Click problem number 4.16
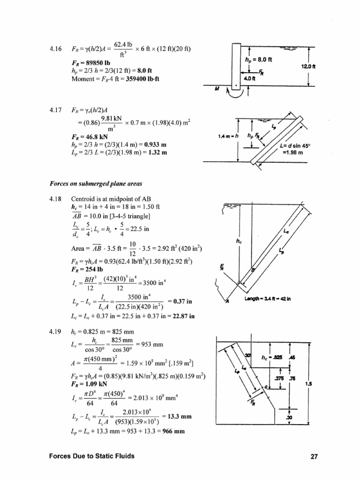point(55,49)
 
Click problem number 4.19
point(55,332)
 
